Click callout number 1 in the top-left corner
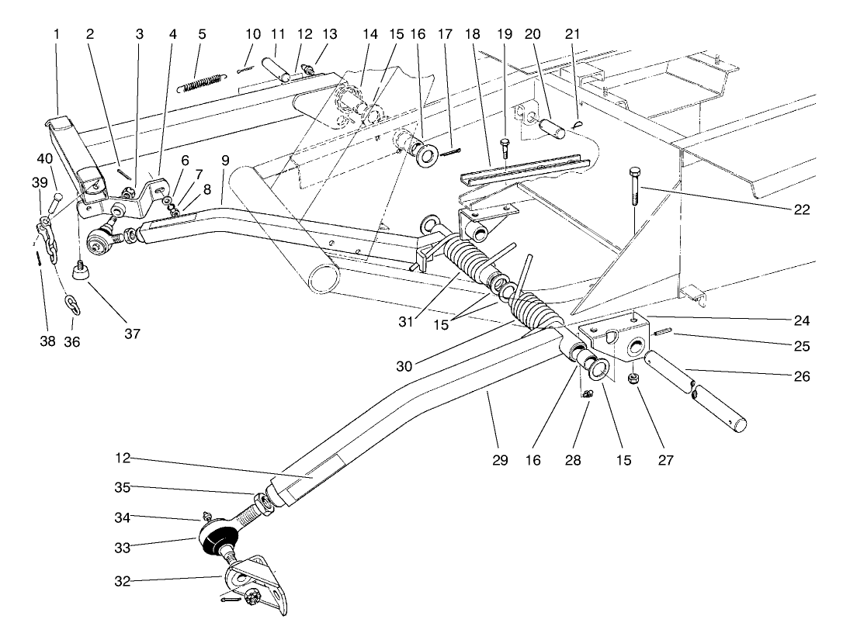pyautogui.click(x=57, y=34)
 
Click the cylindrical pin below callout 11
pyautogui.click(x=278, y=67)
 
